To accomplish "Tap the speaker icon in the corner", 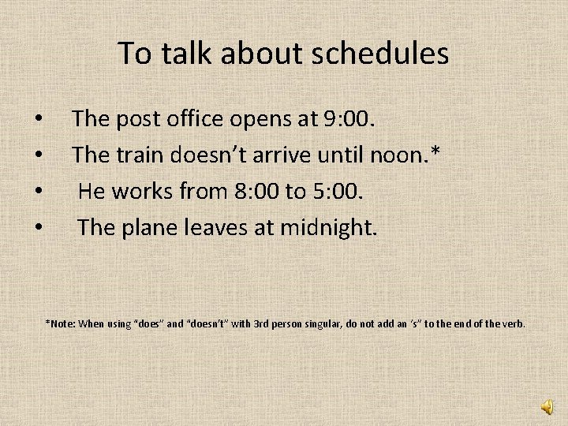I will click(x=547, y=405).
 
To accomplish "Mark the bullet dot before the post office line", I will click(x=39, y=121).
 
